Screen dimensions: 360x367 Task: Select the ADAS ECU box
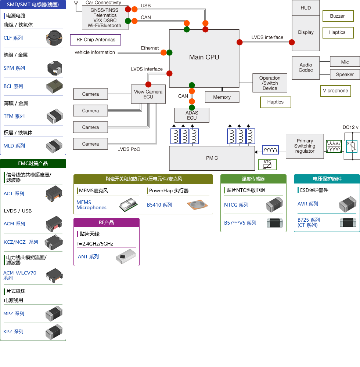coord(192,115)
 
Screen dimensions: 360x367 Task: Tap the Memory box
coord(222,97)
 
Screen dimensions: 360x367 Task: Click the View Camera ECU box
coord(148,94)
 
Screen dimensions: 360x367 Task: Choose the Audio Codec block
coord(306,68)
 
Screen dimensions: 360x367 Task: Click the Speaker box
coord(345,75)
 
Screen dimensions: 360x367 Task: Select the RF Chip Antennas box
coord(96,40)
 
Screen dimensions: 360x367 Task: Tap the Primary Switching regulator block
coord(305,146)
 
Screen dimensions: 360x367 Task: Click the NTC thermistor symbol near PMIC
coord(267,164)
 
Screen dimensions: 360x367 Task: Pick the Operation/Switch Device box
coord(270,83)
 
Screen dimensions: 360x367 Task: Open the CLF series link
coord(13,38)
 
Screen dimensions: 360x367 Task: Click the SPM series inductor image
coord(55,68)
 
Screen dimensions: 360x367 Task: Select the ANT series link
coord(88,257)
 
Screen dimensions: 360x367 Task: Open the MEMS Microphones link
coord(91,205)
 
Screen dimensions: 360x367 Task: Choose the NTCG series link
coord(236,205)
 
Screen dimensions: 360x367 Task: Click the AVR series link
coord(308,204)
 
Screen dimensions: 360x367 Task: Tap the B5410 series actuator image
coord(198,205)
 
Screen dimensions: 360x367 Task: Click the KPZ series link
coord(13,332)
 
